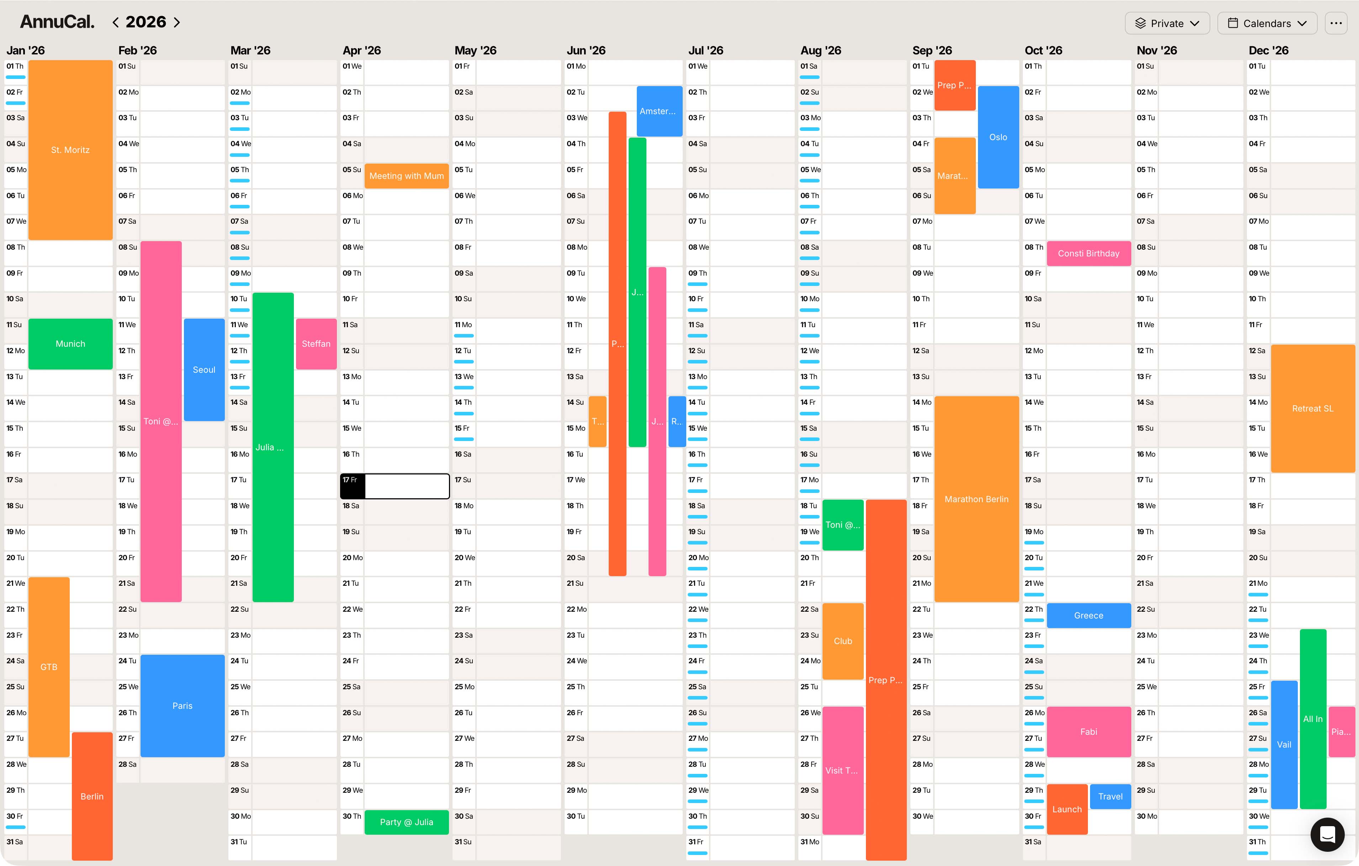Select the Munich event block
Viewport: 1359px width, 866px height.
(x=70, y=344)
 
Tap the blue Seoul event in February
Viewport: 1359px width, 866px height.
(x=204, y=370)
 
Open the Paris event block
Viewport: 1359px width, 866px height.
(x=182, y=705)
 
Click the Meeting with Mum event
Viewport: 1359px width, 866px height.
(x=406, y=176)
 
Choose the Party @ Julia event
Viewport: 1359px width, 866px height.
(x=406, y=822)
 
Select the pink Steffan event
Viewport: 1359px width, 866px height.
(x=316, y=344)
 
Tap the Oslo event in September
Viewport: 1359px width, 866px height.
(x=998, y=137)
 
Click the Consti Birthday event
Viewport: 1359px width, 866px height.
(x=1088, y=253)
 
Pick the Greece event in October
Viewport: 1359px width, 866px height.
(x=1088, y=616)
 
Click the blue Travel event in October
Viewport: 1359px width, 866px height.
(x=1110, y=796)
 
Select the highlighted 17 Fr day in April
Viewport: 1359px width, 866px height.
(x=395, y=486)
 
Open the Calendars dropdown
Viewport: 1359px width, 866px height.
(x=1267, y=23)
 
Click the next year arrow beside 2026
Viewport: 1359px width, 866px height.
(x=177, y=22)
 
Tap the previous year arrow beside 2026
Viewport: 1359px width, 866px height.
(x=115, y=22)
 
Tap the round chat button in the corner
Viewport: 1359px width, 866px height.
(x=1327, y=834)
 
